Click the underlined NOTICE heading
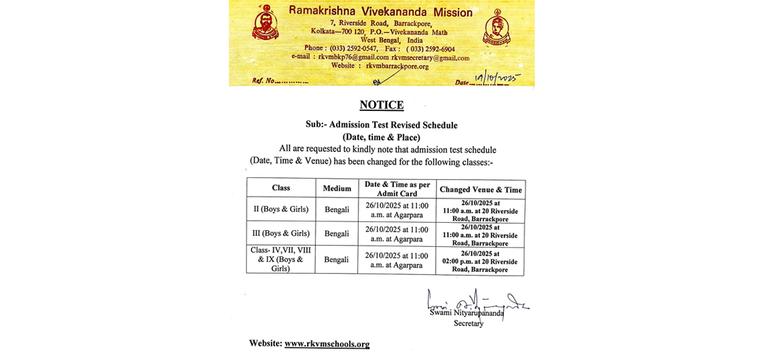click(x=381, y=105)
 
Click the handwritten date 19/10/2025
click(x=496, y=79)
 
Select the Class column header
click(x=281, y=188)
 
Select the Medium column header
click(x=337, y=189)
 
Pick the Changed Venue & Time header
click(x=481, y=189)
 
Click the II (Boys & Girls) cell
click(x=281, y=209)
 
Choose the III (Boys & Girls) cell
click(x=281, y=234)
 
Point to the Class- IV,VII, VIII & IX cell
click(x=281, y=260)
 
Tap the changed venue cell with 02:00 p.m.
click(x=480, y=262)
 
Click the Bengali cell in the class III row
click(x=337, y=234)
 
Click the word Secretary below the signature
click(x=468, y=323)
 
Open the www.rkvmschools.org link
click(x=327, y=344)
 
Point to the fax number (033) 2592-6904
click(x=430, y=49)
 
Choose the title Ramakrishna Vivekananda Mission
click(x=380, y=12)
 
